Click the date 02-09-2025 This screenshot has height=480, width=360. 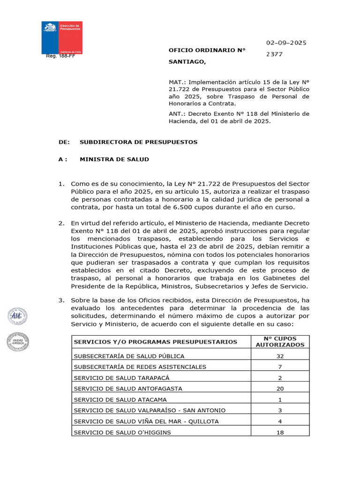(x=286, y=43)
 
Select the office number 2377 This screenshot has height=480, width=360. (x=274, y=54)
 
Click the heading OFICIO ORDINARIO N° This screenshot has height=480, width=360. (x=207, y=50)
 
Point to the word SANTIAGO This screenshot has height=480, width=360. (x=187, y=61)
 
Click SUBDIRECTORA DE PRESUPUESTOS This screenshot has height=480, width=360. (x=138, y=142)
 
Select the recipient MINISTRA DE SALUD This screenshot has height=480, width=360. (x=114, y=159)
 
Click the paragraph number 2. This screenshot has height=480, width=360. (x=61, y=223)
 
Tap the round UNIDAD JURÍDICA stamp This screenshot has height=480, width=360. (x=18, y=342)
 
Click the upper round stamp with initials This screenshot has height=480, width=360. (x=17, y=316)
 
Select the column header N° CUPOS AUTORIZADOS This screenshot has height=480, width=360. (x=280, y=341)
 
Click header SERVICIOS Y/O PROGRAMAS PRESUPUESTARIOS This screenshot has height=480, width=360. (x=155, y=342)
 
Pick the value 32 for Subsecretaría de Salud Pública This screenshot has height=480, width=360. (x=280, y=356)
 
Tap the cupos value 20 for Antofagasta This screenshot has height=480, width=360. (x=280, y=389)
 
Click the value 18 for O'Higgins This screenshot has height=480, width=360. (x=280, y=432)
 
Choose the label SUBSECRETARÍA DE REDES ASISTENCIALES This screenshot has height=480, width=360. (x=140, y=367)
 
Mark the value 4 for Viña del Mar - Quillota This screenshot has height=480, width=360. (x=280, y=421)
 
